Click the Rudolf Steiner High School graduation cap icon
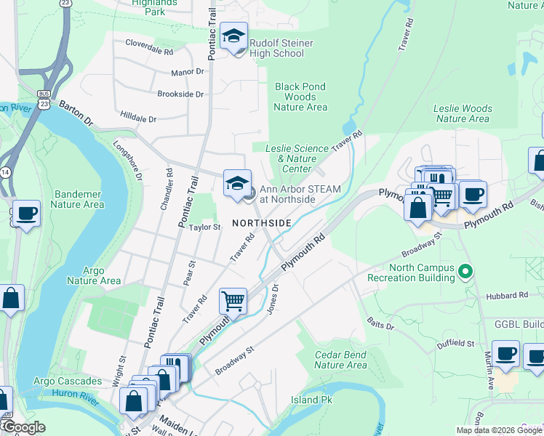coord(234,36)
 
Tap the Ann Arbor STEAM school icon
coord(237,184)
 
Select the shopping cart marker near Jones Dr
coord(233,300)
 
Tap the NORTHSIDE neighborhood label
coord(262,222)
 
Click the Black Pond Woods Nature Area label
coord(300,97)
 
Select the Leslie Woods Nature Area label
coord(463,113)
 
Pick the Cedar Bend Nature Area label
coord(340,360)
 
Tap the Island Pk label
coord(311,400)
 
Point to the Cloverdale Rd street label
coord(149,52)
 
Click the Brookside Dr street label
coord(180,94)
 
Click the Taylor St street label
coord(204,227)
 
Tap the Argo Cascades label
coord(68,381)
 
